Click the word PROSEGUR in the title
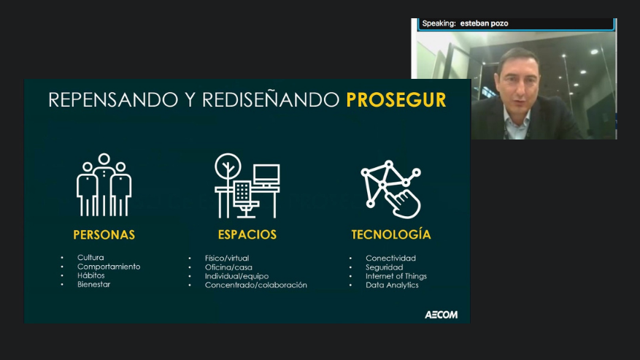click(396, 100)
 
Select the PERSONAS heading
click(104, 234)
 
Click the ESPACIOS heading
click(247, 234)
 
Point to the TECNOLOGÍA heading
click(391, 234)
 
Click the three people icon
click(104, 185)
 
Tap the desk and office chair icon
click(247, 186)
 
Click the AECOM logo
click(442, 315)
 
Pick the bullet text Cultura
click(90, 258)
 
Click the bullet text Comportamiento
click(109, 267)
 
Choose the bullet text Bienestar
click(94, 284)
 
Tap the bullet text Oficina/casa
click(228, 267)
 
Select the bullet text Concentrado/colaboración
click(256, 286)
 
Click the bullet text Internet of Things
click(396, 276)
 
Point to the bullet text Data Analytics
click(392, 286)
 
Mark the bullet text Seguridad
click(385, 267)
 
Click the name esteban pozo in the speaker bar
click(484, 23)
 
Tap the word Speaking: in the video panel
click(439, 23)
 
